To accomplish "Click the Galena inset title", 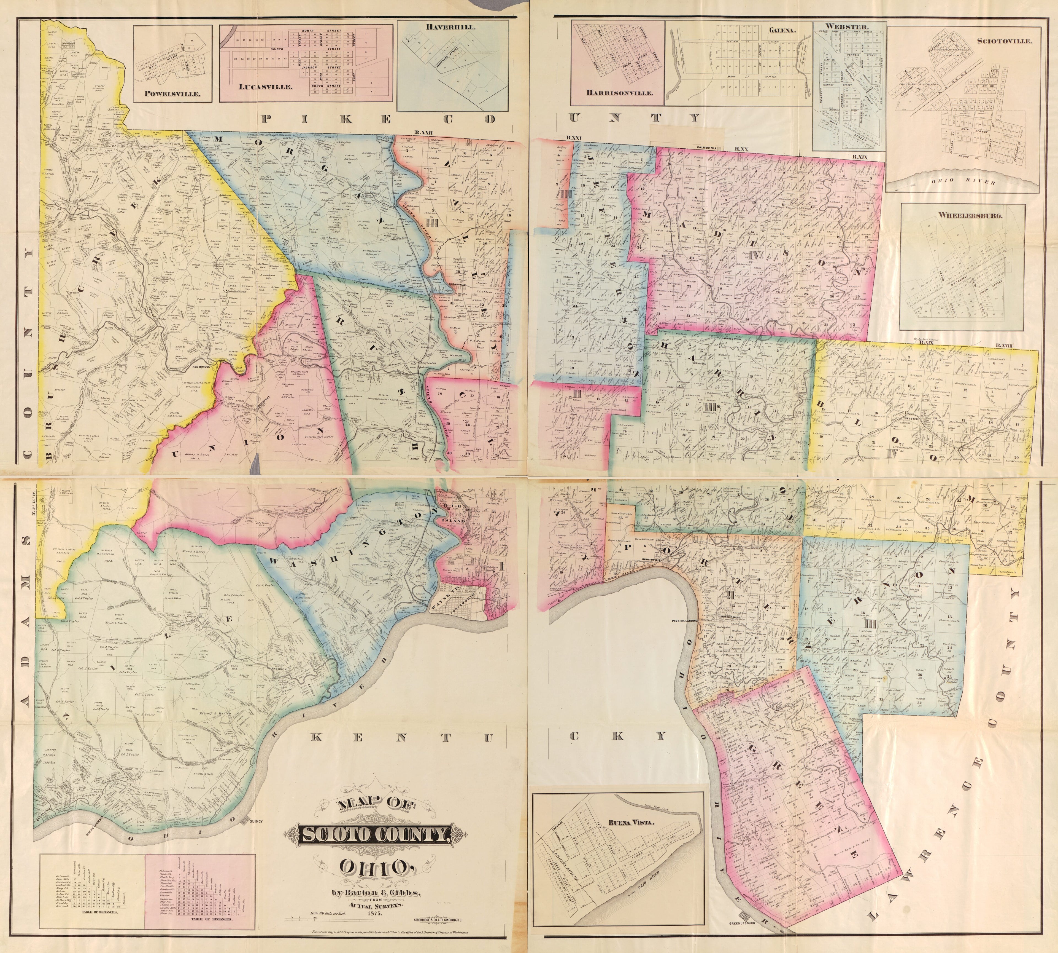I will pos(782,30).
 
